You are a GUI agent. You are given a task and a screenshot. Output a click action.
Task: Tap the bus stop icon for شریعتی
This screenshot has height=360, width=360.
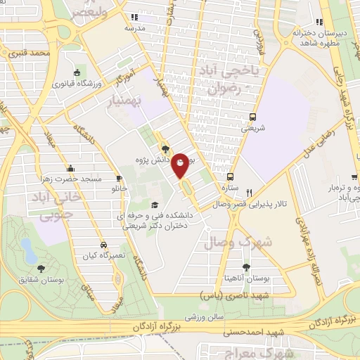coord(251,117)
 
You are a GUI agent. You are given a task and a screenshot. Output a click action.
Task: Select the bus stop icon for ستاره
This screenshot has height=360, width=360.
coord(231,176)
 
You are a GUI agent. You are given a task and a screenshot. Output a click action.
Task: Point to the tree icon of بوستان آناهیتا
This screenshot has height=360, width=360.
coord(246,267)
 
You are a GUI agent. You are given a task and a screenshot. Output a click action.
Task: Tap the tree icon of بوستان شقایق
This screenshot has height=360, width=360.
coord(41,269)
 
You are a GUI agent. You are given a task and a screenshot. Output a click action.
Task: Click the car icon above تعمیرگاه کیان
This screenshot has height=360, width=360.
coord(103,245)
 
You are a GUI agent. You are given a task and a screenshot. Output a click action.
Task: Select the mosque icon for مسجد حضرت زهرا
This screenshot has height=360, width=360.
coord(70,168)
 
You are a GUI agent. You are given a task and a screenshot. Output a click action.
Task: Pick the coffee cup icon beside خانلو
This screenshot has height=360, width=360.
coord(120,177)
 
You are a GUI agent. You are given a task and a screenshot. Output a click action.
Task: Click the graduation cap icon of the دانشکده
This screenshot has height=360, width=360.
coord(155,205)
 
